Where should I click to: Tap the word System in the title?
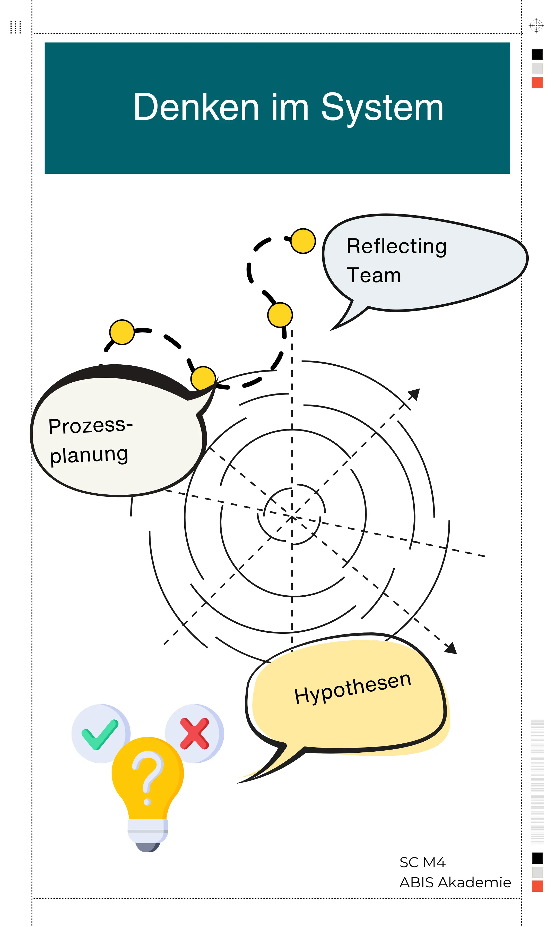coord(382,108)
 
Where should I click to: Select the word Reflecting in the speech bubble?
coord(396,246)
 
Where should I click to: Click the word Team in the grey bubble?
coord(373,276)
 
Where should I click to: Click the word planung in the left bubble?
coord(89,455)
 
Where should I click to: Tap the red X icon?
coord(194,734)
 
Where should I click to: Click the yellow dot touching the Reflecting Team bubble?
coord(303,241)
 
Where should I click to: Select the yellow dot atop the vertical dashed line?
coord(280,315)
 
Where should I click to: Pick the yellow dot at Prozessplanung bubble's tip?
coord(203,379)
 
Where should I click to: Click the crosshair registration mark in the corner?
coord(536,25)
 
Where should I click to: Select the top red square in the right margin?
coord(537,82)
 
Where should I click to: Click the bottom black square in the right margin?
coord(537,858)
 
